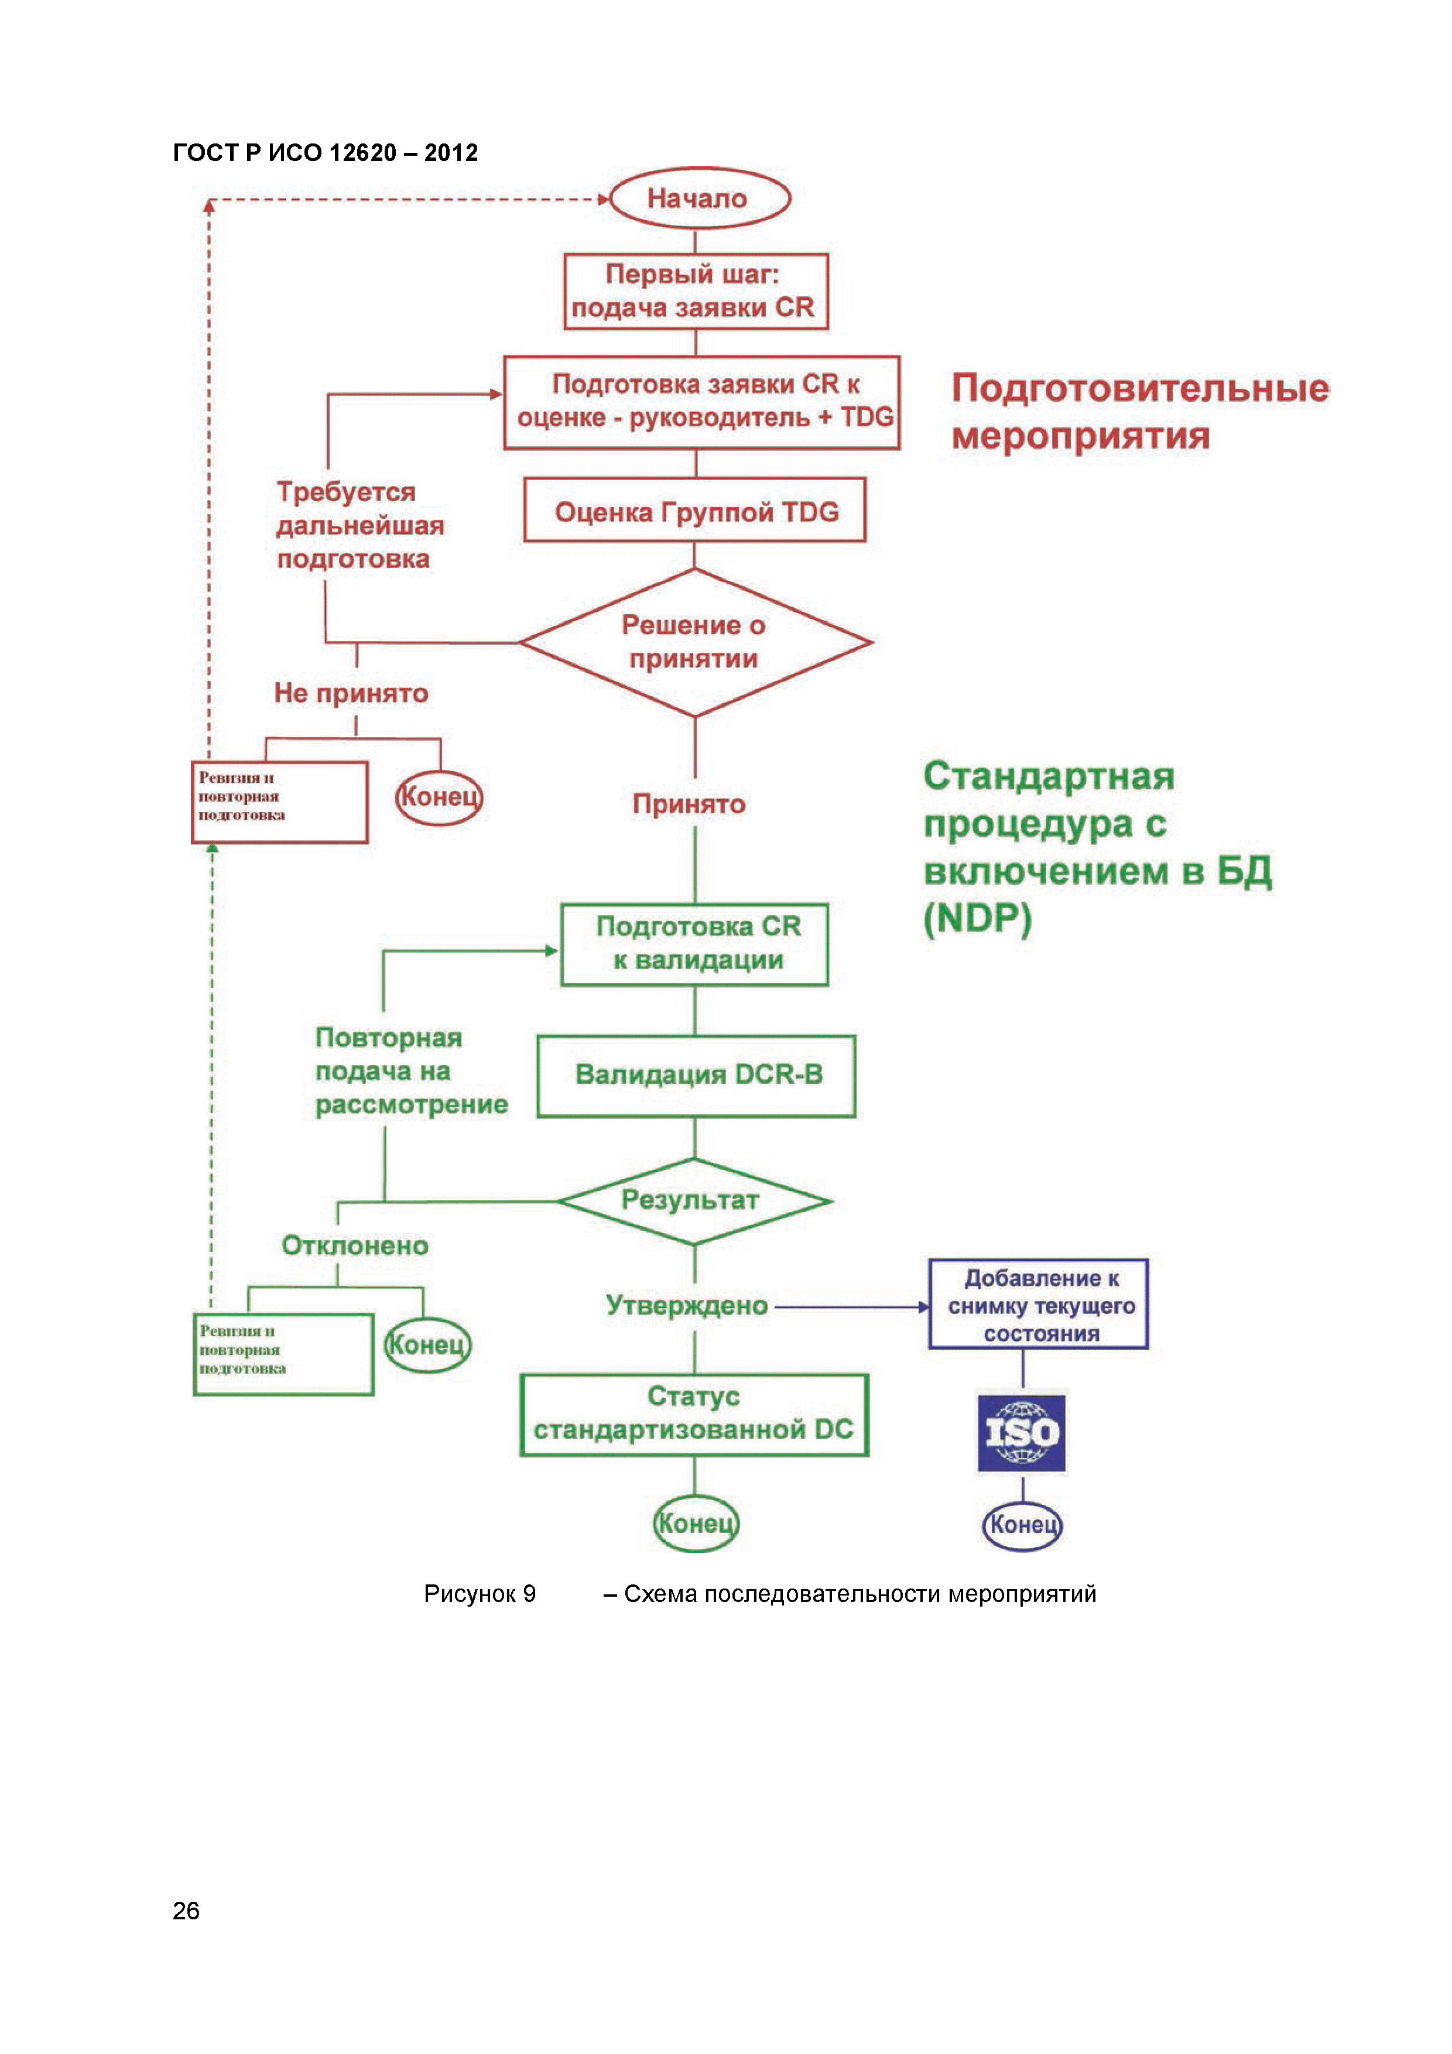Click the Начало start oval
pos(698,198)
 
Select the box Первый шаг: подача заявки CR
pos(695,292)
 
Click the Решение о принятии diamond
pos(695,641)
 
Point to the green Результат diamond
pos(694,1200)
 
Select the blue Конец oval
pos(1022,1524)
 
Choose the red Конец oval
pos(439,796)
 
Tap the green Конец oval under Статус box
pos(695,1522)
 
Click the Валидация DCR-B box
pos(696,1076)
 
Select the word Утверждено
pos(686,1305)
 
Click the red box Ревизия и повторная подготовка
pos(279,802)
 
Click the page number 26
pos(186,1910)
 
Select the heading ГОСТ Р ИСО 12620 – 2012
pos(325,153)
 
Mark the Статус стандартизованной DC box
pos(694,1415)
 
